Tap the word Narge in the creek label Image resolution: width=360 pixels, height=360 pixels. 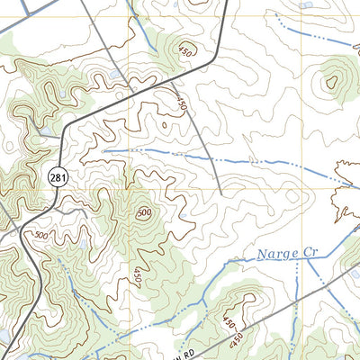point(273,256)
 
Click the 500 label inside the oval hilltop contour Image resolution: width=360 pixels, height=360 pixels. point(144,213)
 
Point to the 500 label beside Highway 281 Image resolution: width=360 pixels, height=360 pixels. point(41,236)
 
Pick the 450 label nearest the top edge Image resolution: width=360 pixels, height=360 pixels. point(186,49)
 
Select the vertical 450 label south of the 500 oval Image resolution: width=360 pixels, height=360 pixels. point(138,274)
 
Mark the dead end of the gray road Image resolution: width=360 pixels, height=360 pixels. point(220,193)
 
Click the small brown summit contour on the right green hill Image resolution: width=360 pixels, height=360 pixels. point(331,83)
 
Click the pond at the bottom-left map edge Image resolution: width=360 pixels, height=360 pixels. point(4,337)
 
